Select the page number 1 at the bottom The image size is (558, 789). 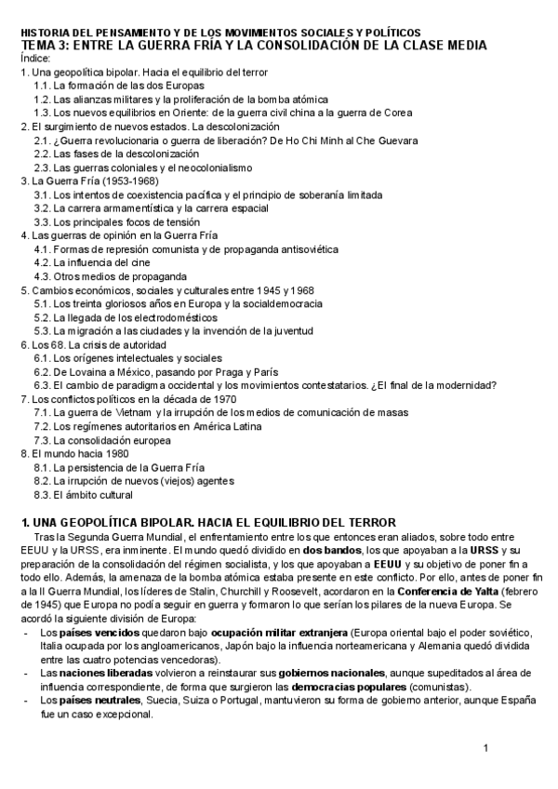pyautogui.click(x=485, y=749)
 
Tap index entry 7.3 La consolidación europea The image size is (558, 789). pyautogui.click(x=102, y=440)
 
